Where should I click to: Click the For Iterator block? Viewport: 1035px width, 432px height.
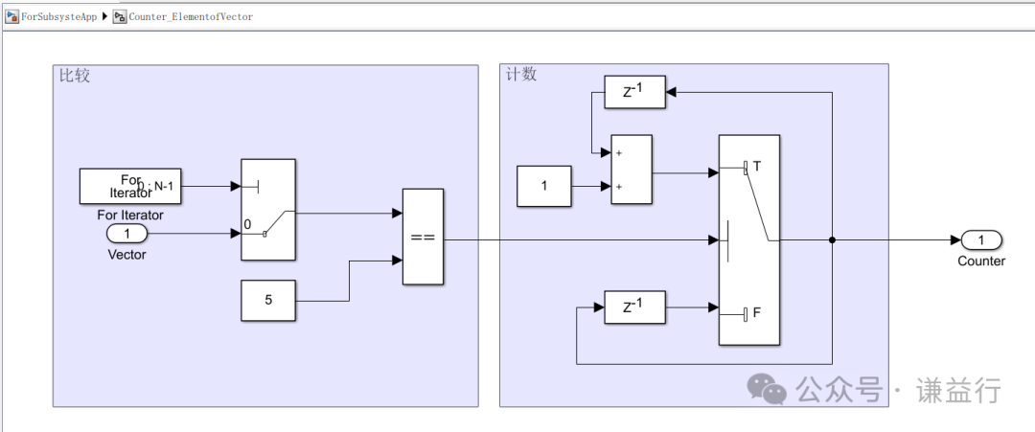(x=130, y=186)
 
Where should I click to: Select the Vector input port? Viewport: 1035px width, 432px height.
(x=126, y=234)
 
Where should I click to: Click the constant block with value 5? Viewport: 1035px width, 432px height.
(x=268, y=300)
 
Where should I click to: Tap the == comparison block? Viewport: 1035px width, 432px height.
(x=423, y=237)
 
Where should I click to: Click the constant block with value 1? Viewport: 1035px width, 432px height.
(x=543, y=186)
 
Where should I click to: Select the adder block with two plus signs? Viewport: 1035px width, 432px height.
(x=632, y=170)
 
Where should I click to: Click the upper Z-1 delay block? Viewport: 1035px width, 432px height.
(x=633, y=92)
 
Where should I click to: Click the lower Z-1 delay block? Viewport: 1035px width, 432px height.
(x=633, y=307)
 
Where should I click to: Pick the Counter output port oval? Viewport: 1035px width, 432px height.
(x=981, y=239)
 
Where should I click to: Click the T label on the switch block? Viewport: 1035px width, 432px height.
(x=757, y=167)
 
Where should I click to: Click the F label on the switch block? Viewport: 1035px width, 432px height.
(x=757, y=311)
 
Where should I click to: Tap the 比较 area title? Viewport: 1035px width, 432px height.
(x=75, y=76)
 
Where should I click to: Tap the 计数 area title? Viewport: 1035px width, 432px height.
(x=521, y=75)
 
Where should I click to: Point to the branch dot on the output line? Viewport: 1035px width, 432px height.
(x=831, y=240)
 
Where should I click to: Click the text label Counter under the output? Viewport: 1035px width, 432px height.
(x=981, y=261)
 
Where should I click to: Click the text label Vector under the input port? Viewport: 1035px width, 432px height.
(x=126, y=254)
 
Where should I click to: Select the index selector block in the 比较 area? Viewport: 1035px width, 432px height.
(x=268, y=209)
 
